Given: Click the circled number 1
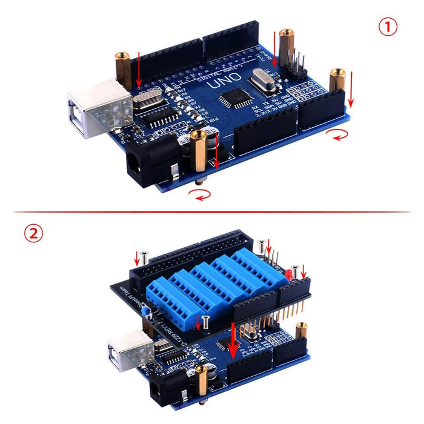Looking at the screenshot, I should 388,27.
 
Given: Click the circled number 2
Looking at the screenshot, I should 33,233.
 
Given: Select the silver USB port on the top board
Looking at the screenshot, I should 97,115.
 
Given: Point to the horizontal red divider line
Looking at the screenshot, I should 212,212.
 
